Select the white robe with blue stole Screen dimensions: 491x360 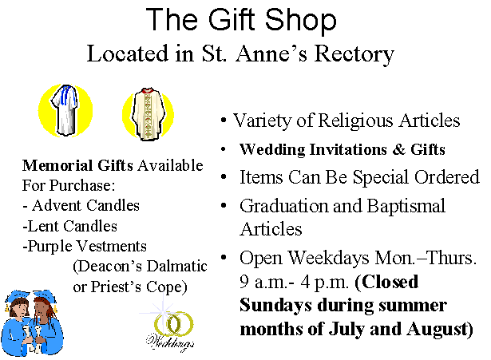click(65, 110)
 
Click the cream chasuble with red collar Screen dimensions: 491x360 click(148, 113)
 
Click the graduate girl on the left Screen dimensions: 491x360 click(18, 324)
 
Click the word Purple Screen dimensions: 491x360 click(50, 247)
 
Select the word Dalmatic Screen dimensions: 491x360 click(176, 267)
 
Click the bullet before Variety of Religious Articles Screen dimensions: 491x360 click(223, 121)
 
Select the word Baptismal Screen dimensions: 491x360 click(406, 207)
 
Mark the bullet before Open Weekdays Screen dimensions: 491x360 click(224, 258)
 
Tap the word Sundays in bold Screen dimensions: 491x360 click(275, 306)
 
